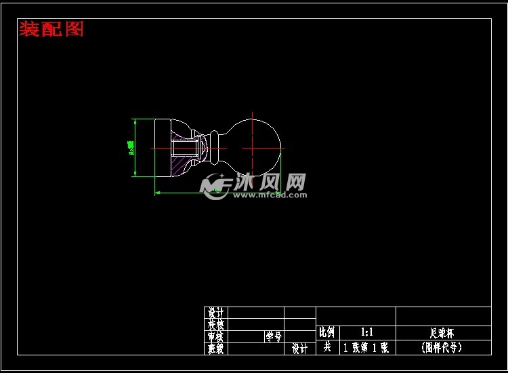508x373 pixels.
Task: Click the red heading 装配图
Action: pos(51,29)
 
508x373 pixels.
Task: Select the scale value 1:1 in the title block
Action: pos(368,332)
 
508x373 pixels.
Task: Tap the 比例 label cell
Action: pos(327,332)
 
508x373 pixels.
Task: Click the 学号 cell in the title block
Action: pos(273,336)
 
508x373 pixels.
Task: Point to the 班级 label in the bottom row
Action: pos(216,349)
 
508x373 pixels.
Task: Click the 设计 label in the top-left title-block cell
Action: pos(216,313)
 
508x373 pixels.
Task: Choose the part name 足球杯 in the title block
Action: pos(442,333)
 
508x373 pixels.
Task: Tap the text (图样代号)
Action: pos(442,348)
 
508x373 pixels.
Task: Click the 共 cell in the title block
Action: pos(327,347)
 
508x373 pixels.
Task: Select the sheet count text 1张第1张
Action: pos(366,348)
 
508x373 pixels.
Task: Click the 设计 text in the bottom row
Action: pos(299,349)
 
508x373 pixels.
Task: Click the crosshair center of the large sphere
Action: pos(252,147)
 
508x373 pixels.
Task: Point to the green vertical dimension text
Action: pos(131,147)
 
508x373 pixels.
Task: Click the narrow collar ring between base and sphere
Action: pos(214,148)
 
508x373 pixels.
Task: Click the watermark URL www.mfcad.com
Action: pos(270,195)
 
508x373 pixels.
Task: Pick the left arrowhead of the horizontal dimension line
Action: pos(158,193)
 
